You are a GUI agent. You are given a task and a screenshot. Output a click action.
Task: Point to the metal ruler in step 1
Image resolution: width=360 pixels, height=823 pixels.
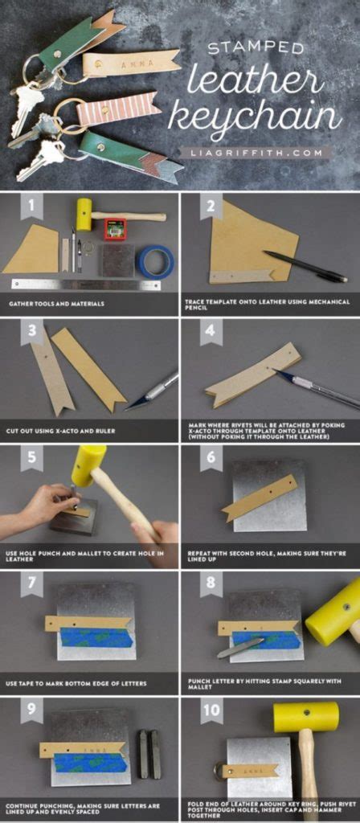(x=85, y=284)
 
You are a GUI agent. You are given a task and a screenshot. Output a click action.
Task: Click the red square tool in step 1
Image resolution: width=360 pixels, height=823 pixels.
(x=115, y=229)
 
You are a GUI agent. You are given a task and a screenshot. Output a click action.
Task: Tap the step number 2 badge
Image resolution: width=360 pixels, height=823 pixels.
(x=211, y=207)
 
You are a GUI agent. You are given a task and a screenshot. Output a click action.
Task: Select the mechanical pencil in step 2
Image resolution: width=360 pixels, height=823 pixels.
(x=305, y=267)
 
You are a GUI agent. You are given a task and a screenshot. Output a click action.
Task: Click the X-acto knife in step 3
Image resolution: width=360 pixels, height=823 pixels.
(x=152, y=390)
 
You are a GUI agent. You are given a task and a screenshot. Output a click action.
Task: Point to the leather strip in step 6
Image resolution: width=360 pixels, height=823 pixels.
(x=259, y=497)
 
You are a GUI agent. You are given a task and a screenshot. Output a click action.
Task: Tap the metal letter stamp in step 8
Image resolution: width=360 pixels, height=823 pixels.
(x=239, y=646)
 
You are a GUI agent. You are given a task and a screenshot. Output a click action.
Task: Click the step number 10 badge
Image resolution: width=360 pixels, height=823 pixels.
(x=211, y=710)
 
